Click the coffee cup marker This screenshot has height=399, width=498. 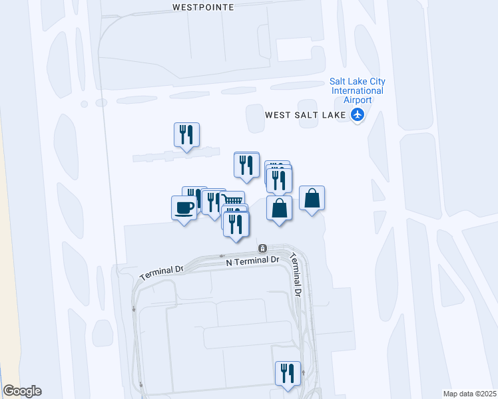click(184, 208)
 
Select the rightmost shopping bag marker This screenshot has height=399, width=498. click(312, 198)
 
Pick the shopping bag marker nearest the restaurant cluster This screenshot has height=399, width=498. click(279, 208)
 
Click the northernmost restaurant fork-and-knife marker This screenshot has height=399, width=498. click(186, 135)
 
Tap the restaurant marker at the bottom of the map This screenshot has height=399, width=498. click(288, 373)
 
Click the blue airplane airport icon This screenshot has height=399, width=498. click(359, 114)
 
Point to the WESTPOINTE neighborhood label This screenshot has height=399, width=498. click(203, 7)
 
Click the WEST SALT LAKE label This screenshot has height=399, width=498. click(306, 114)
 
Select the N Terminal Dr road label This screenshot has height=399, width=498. click(252, 261)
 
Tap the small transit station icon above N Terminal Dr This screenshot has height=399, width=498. click(264, 249)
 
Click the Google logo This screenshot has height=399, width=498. click(22, 391)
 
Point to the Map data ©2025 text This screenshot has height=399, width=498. click(469, 393)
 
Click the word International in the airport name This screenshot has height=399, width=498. click(358, 90)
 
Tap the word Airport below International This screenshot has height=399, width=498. click(358, 100)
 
